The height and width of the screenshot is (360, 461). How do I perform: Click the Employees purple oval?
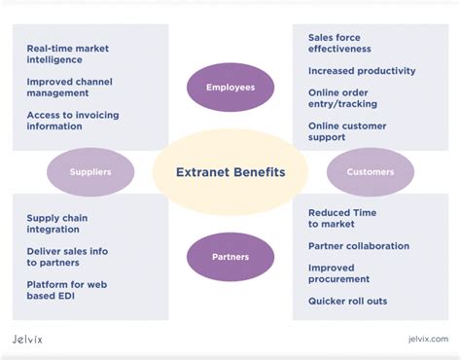(x=230, y=88)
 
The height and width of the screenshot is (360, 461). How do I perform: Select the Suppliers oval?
(x=90, y=172)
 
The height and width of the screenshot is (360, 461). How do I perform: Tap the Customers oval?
(x=371, y=172)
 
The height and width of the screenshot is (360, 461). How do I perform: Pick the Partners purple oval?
(x=230, y=257)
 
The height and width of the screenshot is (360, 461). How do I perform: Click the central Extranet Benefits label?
(x=230, y=172)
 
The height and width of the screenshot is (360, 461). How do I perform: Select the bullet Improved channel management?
(x=71, y=88)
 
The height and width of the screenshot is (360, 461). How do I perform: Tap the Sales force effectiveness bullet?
(x=339, y=43)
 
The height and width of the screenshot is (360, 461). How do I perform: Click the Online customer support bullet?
(x=347, y=131)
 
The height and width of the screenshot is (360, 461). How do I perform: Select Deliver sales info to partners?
(x=67, y=257)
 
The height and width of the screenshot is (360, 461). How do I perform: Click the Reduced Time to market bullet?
(x=341, y=218)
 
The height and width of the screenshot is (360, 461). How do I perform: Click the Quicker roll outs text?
(x=347, y=301)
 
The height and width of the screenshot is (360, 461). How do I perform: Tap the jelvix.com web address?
(x=428, y=340)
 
